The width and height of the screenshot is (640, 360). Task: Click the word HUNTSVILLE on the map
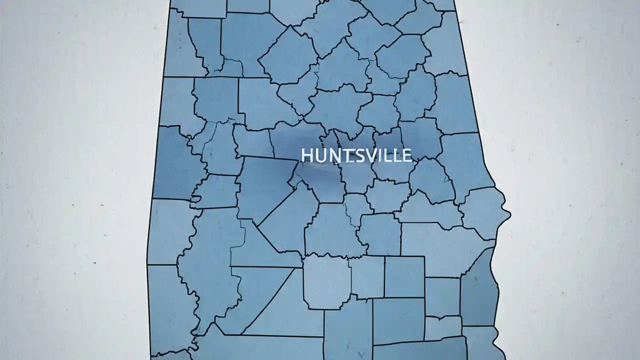(x=357, y=155)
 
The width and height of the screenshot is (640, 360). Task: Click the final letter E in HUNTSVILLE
(x=406, y=155)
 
